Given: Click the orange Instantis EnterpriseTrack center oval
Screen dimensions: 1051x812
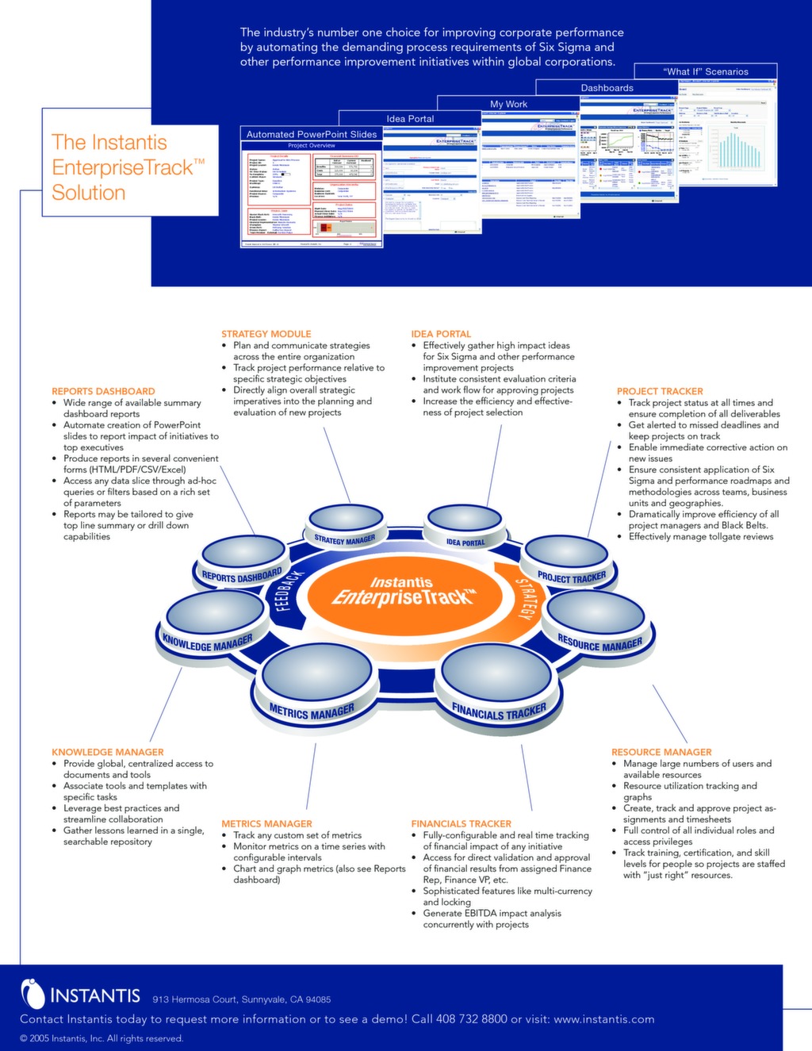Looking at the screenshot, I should pyautogui.click(x=401, y=592).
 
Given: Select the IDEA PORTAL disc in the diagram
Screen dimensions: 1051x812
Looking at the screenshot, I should pyautogui.click(x=465, y=527).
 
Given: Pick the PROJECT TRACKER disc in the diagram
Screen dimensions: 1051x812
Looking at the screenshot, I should pyautogui.click(x=568, y=559).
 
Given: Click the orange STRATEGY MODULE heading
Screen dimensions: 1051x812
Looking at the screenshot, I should pyautogui.click(x=266, y=334).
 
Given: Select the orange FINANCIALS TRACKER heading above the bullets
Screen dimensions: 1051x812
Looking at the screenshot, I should pyautogui.click(x=461, y=823).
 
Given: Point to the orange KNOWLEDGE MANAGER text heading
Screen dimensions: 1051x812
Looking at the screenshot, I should pyautogui.click(x=107, y=752).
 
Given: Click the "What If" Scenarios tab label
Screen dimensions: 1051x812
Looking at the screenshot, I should pyautogui.click(x=705, y=71).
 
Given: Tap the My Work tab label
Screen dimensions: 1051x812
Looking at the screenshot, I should pyautogui.click(x=508, y=104).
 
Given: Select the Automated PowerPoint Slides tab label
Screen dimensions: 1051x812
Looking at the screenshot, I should pyautogui.click(x=311, y=134).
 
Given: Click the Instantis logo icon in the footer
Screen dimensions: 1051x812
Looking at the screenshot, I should pyautogui.click(x=33, y=994).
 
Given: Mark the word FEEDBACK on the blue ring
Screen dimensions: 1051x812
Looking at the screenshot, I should pyautogui.click(x=289, y=590).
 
